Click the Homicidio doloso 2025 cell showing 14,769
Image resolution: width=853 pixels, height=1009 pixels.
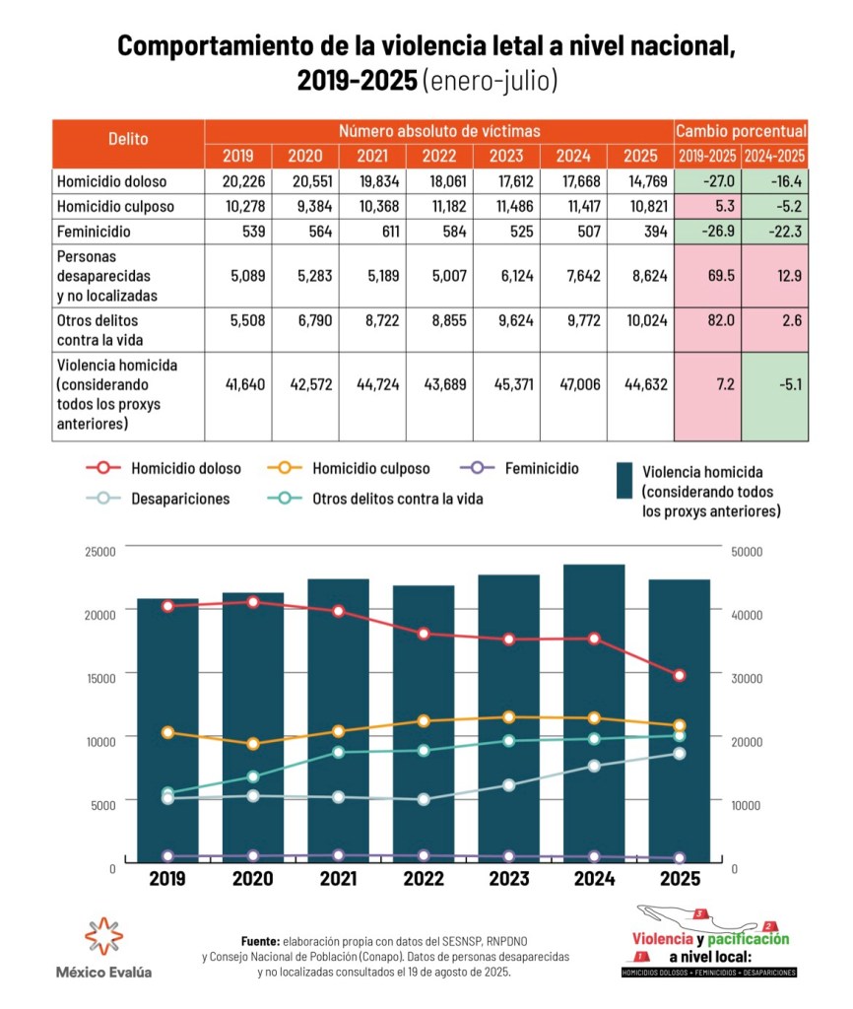[640, 181]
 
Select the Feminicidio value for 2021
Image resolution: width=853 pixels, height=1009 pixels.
[371, 232]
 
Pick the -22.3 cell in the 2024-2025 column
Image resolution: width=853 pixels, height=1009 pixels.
[774, 232]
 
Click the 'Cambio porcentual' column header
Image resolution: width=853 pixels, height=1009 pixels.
[741, 130]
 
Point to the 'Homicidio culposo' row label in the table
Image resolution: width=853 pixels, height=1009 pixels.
[116, 207]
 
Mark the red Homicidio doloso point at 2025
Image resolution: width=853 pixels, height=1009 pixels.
[680, 675]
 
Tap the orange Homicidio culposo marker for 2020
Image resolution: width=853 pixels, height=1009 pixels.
[253, 744]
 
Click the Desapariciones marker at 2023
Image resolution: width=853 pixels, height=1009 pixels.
[509, 785]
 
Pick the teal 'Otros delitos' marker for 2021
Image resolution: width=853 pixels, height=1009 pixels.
[339, 753]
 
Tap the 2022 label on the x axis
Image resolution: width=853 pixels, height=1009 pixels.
[424, 879]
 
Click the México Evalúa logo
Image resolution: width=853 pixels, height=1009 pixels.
[103, 946]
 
